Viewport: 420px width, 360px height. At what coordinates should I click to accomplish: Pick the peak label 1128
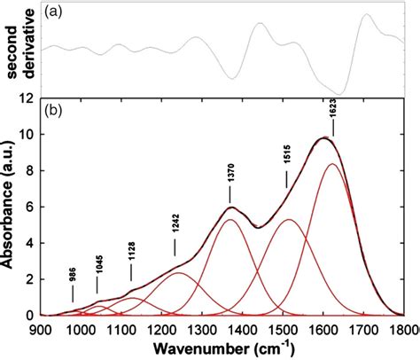131,250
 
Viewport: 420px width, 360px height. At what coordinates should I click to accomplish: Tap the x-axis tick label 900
40,327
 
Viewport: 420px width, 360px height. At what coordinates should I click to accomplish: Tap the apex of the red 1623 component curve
332,164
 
